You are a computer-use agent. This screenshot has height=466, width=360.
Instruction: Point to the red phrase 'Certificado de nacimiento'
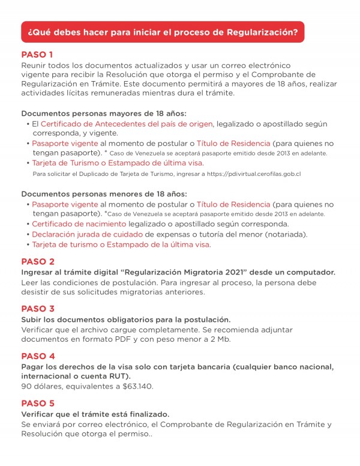[71, 223]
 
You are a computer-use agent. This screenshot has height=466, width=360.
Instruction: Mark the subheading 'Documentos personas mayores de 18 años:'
[104, 113]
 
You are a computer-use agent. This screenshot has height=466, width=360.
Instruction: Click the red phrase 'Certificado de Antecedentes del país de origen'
[127, 124]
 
